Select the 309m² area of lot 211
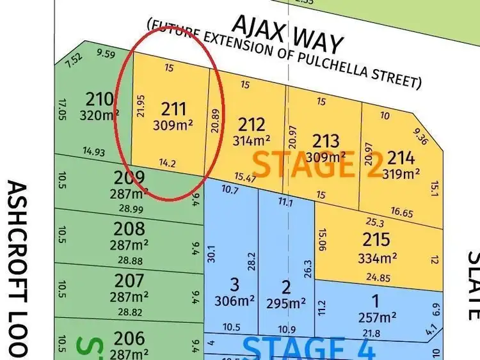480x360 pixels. pos(173,126)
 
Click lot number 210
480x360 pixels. pos(99,100)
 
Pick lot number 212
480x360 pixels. pos(251,123)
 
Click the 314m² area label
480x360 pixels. pos(251,140)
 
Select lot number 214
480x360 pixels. pos(401,157)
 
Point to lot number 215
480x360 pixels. pos(376,240)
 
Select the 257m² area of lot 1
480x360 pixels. pos(376,318)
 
